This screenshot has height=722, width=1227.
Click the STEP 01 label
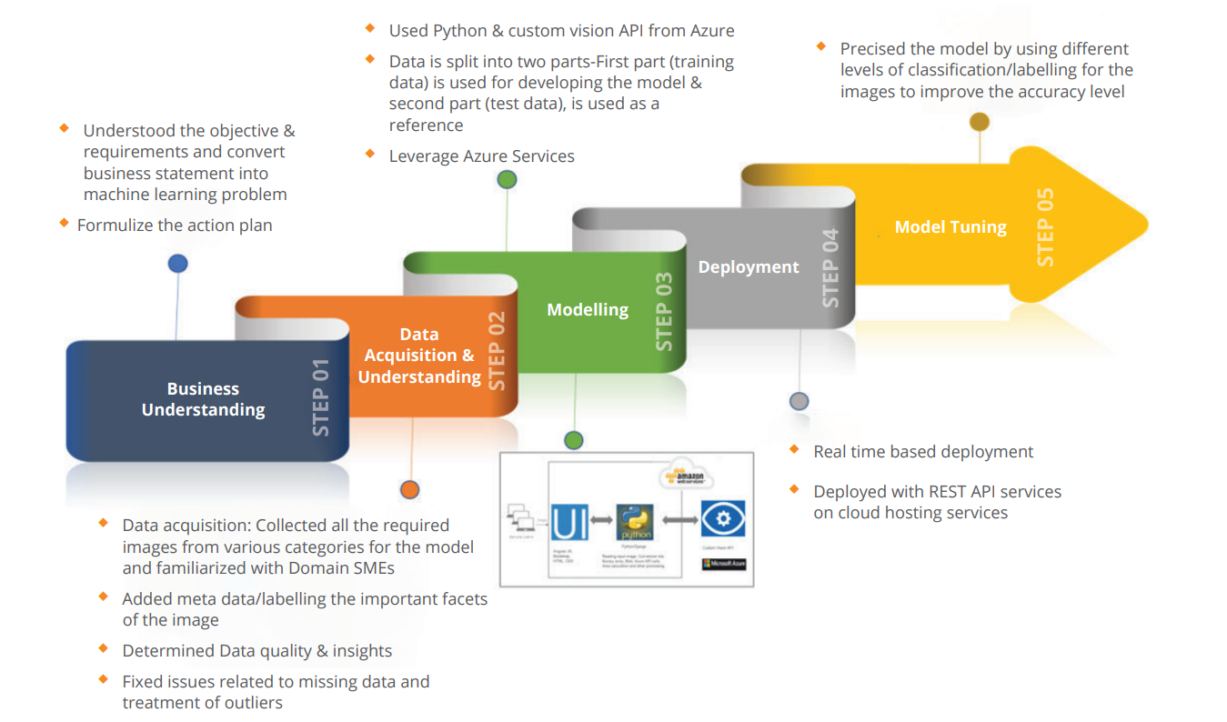(321, 396)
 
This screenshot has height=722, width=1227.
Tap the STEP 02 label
(497, 351)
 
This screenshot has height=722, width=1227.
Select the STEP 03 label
(665, 311)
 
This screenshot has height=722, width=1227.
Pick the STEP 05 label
(1046, 226)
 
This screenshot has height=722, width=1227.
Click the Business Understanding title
(203, 399)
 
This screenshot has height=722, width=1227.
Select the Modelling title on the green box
(588, 310)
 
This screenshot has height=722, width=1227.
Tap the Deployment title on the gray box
(749, 267)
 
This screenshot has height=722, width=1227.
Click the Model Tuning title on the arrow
(950, 227)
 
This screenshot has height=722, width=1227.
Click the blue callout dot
(178, 264)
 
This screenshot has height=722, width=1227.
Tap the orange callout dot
(410, 490)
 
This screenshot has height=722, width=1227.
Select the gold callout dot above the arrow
(980, 121)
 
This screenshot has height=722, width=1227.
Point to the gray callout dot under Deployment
(799, 401)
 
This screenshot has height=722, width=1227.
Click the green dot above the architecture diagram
(573, 440)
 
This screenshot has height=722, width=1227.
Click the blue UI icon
(568, 522)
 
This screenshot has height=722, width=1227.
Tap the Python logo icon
(634, 522)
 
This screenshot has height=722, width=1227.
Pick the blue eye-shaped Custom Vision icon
(723, 519)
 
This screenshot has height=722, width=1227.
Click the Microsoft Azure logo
(724, 564)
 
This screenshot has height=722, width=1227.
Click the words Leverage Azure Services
(482, 156)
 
